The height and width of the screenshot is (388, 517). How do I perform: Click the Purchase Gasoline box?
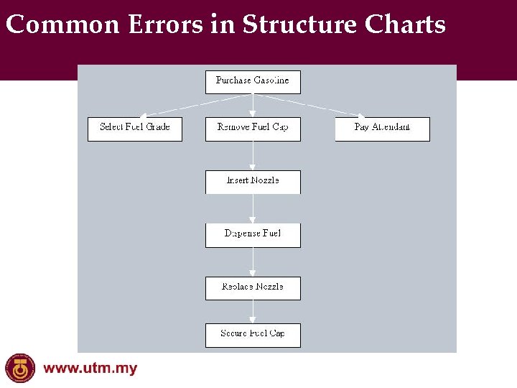[x=253, y=81]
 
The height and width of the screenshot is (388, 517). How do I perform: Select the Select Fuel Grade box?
[x=135, y=128]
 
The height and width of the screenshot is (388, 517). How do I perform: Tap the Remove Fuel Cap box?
[x=253, y=128]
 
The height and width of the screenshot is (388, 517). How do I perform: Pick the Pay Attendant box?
[x=382, y=128]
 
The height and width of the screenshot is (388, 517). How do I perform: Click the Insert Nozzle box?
[x=253, y=181]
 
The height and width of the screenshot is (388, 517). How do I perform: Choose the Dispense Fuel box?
[x=253, y=234]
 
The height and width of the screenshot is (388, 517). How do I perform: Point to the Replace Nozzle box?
[x=253, y=287]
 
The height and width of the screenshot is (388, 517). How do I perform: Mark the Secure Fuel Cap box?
[x=253, y=334]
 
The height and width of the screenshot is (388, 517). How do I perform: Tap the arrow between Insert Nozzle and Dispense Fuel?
[x=253, y=208]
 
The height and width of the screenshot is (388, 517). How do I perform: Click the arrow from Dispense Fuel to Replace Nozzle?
[x=253, y=262]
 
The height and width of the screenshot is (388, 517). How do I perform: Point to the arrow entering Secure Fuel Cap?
[x=253, y=311]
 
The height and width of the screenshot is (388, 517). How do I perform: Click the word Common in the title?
[x=62, y=25]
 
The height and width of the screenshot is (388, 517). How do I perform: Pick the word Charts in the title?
[x=405, y=25]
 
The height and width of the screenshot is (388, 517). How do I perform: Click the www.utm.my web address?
[x=90, y=369]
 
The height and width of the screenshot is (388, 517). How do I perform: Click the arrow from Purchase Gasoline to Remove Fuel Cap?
[x=253, y=105]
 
